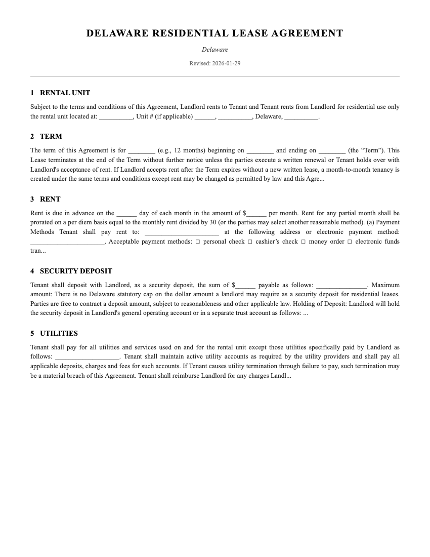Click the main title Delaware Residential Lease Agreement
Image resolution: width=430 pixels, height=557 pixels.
pos(214,33)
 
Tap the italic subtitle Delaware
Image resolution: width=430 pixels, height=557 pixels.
pos(214,50)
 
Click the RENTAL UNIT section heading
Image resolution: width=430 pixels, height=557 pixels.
pos(65,93)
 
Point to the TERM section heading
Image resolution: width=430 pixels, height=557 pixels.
pos(51,136)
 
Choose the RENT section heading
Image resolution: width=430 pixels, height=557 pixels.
pos(50,199)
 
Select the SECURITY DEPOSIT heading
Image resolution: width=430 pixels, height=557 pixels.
pos(76,271)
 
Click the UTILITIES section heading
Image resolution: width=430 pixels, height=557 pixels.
pos(59,333)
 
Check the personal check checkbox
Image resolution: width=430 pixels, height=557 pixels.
pos(198,242)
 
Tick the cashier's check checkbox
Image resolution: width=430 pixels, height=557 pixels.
pos(250,242)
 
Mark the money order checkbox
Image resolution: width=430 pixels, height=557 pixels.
pos(304,242)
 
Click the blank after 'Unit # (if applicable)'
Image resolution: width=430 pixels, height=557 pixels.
pos(204,117)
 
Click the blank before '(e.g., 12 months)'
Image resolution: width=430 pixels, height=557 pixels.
pos(142,151)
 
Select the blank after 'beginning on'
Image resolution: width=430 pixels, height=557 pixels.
pos(261,151)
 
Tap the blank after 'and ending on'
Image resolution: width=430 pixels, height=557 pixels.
pos(332,151)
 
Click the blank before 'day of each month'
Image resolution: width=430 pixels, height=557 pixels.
pos(126,214)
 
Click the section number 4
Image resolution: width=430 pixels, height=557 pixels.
pos(32,271)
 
